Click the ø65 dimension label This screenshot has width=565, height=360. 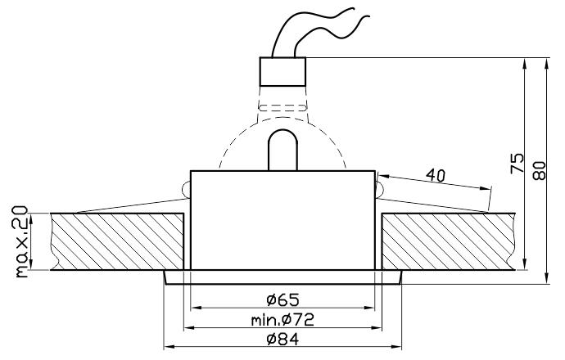(282, 299)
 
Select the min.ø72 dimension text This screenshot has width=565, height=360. (282, 319)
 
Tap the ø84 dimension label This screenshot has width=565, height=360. (282, 339)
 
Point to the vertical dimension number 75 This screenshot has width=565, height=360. (518, 163)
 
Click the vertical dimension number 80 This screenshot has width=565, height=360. (539, 171)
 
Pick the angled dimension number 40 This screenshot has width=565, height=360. (436, 175)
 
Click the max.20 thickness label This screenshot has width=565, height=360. (21, 241)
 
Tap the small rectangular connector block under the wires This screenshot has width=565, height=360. (282, 71)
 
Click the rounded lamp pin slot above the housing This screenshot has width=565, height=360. (282, 150)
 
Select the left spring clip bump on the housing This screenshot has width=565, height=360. (187, 189)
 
